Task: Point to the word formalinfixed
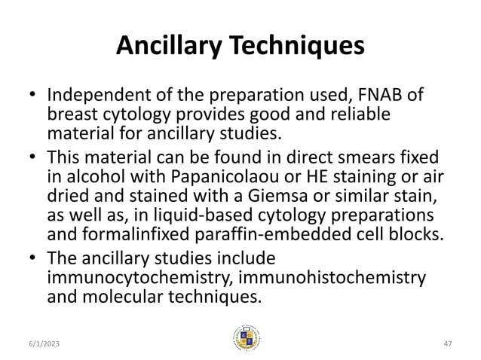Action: (x=131, y=232)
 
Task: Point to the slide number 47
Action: (x=447, y=342)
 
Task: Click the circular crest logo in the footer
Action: (x=247, y=337)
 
